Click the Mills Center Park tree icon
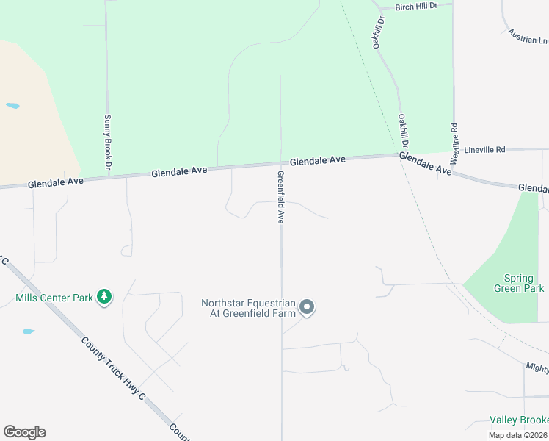[104, 297]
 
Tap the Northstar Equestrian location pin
[308, 307]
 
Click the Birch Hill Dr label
[415, 6]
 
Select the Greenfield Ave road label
[280, 197]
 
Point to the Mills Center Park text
[54, 298]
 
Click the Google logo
[24, 432]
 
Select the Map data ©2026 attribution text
[518, 435]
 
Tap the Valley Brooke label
[519, 420]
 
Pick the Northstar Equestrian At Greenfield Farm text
[248, 308]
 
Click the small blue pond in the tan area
[12, 106]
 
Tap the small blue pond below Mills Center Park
[29, 331]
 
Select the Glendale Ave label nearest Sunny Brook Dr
[180, 172]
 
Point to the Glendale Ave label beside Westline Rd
[425, 163]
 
